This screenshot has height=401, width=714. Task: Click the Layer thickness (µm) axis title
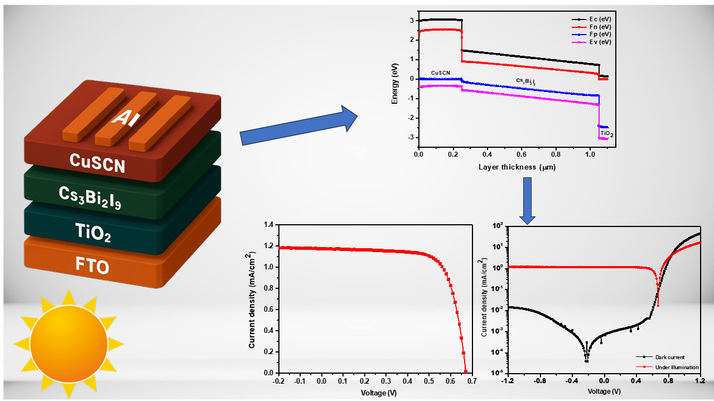517,167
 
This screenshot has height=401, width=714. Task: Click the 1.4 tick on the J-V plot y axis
270,224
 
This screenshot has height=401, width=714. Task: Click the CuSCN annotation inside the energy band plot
441,73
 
